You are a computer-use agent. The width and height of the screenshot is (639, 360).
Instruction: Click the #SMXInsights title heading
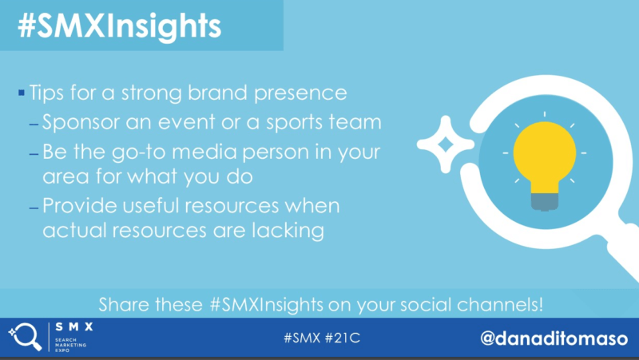click(119, 27)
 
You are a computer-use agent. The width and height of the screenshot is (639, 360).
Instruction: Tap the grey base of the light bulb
click(545, 202)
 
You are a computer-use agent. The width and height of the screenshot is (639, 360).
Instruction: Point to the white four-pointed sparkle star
click(446, 144)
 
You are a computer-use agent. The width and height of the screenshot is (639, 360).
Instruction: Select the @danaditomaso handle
click(554, 338)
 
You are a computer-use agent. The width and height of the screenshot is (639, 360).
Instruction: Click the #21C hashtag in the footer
click(343, 338)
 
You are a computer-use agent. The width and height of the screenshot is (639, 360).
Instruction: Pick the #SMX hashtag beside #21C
click(302, 338)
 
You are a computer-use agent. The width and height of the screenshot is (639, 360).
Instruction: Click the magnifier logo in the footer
click(26, 336)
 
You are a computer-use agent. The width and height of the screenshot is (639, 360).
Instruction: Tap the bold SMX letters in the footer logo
click(74, 326)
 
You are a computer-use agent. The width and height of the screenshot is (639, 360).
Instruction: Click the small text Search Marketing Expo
click(70, 345)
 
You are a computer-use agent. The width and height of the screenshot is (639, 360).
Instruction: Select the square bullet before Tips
click(22, 93)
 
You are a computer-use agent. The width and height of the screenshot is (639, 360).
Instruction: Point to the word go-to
click(138, 152)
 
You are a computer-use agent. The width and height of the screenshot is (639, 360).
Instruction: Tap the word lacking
click(288, 231)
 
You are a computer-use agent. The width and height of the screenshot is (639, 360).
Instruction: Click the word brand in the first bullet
click(217, 93)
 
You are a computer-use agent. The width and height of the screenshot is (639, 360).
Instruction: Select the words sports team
click(324, 123)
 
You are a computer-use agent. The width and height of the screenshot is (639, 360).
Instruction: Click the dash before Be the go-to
click(34, 154)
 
